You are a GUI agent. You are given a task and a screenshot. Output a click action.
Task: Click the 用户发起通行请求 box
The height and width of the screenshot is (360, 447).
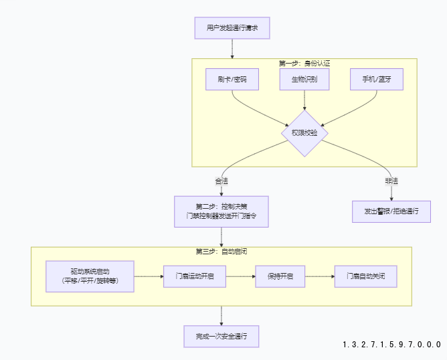(232, 28)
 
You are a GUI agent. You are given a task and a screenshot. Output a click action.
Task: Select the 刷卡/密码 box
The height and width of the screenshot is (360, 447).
(232, 80)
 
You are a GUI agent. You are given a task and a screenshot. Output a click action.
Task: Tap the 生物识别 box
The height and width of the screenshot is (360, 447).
(305, 80)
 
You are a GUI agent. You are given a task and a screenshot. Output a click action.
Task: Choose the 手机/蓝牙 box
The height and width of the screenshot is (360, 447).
(377, 80)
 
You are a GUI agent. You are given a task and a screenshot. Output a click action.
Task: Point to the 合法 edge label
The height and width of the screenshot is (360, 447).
(221, 181)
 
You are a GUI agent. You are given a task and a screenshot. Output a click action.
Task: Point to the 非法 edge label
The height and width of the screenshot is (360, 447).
(391, 181)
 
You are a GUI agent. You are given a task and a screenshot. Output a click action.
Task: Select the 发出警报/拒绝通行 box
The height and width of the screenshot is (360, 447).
(391, 211)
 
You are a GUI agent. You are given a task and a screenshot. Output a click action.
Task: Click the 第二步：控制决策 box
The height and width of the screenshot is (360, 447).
(221, 211)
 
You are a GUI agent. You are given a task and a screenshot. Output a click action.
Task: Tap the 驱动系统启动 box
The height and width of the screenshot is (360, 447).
(90, 276)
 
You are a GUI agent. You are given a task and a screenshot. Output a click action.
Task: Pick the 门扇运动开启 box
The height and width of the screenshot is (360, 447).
(195, 276)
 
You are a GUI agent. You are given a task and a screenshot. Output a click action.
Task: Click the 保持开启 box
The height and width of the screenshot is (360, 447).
(280, 276)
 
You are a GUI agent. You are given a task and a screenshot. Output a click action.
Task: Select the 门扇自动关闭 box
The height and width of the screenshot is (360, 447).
(366, 276)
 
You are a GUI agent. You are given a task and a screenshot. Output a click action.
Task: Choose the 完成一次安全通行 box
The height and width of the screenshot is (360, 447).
(221, 336)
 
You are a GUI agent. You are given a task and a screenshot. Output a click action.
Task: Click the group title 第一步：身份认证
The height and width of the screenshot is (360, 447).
(304, 64)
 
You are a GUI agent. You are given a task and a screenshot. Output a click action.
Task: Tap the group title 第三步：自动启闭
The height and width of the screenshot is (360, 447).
(221, 252)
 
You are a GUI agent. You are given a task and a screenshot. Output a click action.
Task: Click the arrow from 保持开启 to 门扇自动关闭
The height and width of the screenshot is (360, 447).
(319, 276)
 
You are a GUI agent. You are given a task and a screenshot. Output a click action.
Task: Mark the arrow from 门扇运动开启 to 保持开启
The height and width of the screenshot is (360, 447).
(240, 276)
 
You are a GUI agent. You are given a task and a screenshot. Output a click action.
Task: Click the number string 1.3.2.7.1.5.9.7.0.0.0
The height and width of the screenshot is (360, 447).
(391, 345)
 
